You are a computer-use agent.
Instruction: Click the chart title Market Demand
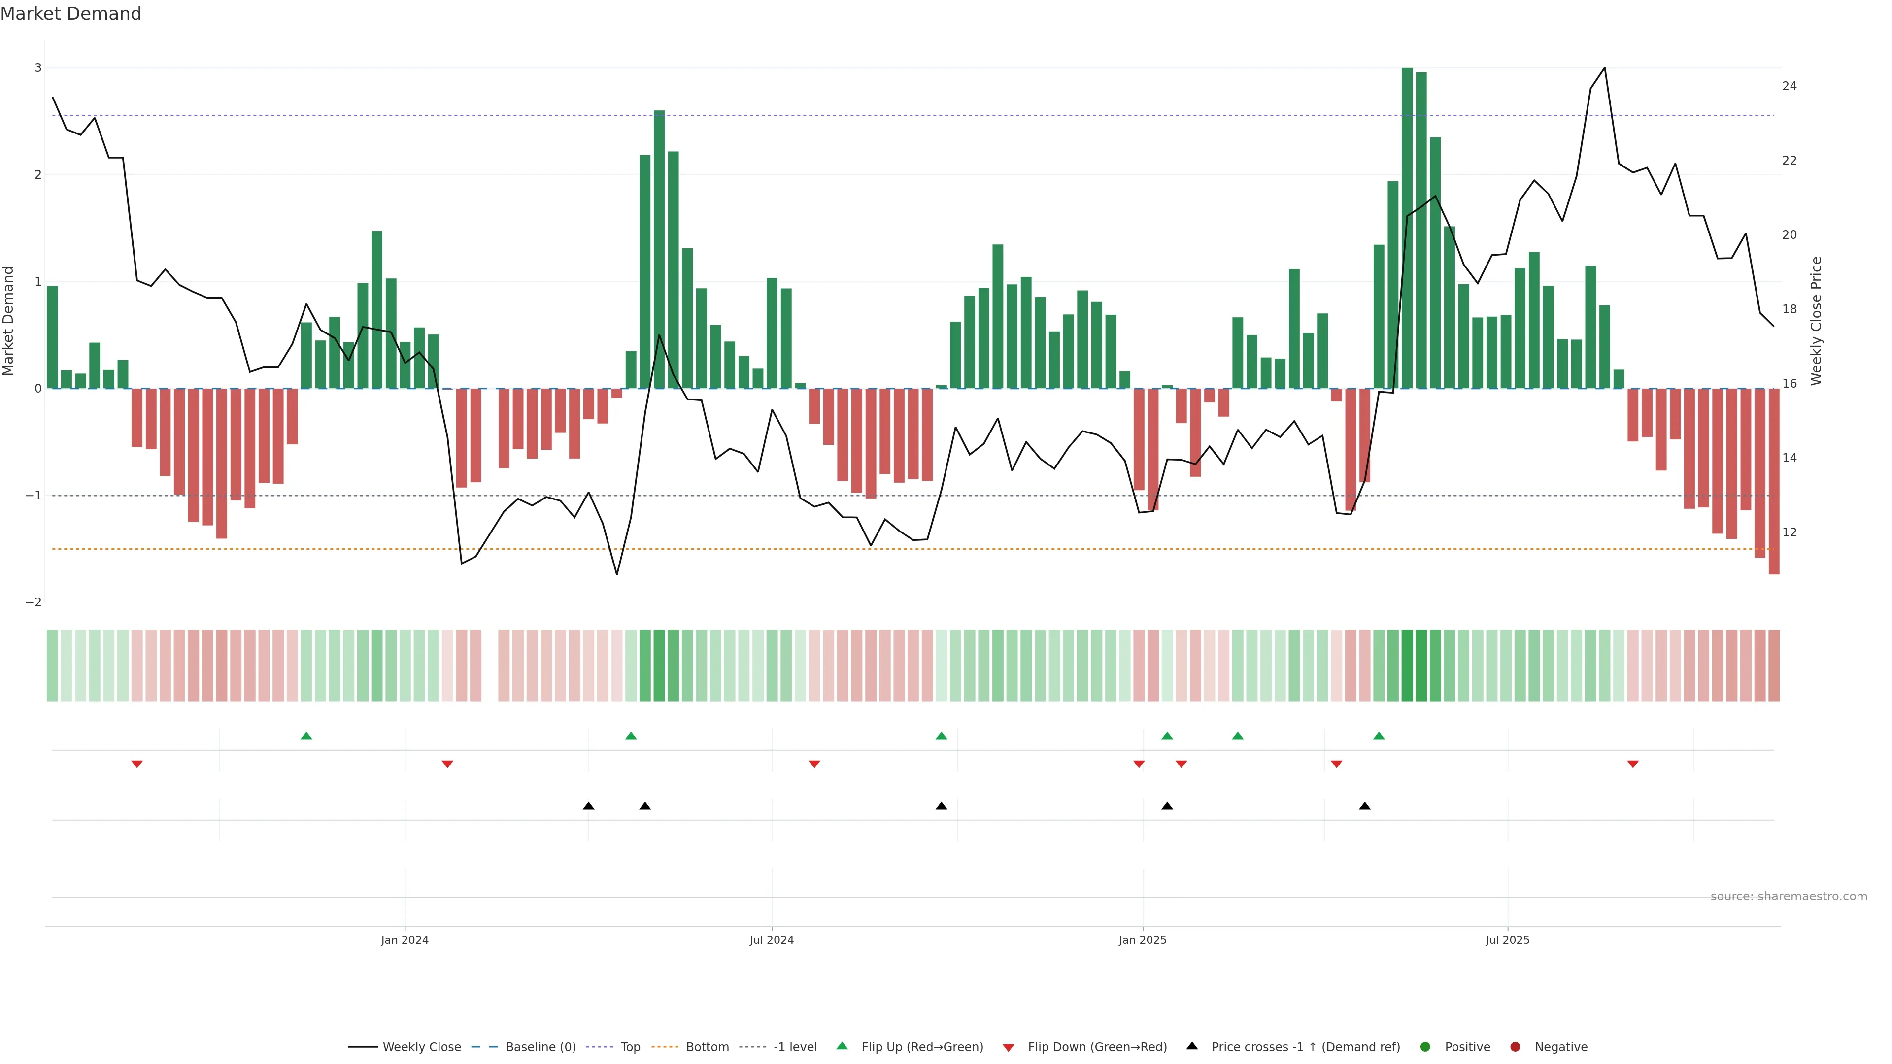[x=70, y=14]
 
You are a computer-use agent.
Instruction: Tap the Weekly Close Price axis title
[x=1816, y=321]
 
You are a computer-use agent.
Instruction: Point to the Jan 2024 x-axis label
[x=405, y=940]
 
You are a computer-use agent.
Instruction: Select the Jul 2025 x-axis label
[x=1507, y=940]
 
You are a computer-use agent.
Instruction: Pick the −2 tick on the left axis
[x=34, y=602]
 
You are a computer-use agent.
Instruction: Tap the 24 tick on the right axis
[x=1789, y=86]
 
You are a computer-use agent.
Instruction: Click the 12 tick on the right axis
[x=1789, y=532]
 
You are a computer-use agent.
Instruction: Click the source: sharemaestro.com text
[x=1789, y=897]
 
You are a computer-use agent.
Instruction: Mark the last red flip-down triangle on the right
[x=1633, y=765]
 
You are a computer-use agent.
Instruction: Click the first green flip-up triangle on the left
[x=306, y=736]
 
